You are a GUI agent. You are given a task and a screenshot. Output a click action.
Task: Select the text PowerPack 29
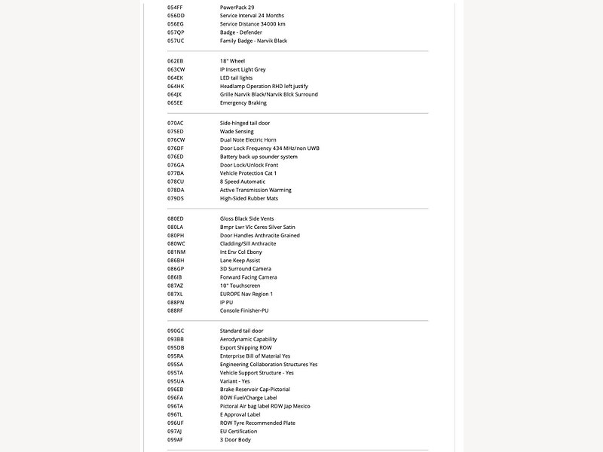237,7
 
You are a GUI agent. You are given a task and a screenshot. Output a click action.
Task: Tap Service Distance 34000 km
253,23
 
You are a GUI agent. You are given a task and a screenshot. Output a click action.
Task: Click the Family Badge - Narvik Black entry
253,41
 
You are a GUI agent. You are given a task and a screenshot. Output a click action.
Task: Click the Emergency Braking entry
243,102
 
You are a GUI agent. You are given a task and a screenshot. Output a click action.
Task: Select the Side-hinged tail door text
244,123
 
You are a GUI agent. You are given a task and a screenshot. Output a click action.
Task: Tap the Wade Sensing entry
237,131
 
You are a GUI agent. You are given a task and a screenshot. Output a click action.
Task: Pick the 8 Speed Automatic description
243,182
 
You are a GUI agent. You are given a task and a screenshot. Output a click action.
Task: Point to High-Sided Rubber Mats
249,198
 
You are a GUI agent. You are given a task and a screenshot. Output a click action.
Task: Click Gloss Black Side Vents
246,218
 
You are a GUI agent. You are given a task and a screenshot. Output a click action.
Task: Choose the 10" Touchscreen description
240,286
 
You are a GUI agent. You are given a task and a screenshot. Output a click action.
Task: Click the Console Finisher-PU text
244,310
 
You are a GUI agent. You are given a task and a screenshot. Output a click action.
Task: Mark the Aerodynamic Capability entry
248,339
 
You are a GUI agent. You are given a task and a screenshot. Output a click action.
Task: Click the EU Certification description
238,431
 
